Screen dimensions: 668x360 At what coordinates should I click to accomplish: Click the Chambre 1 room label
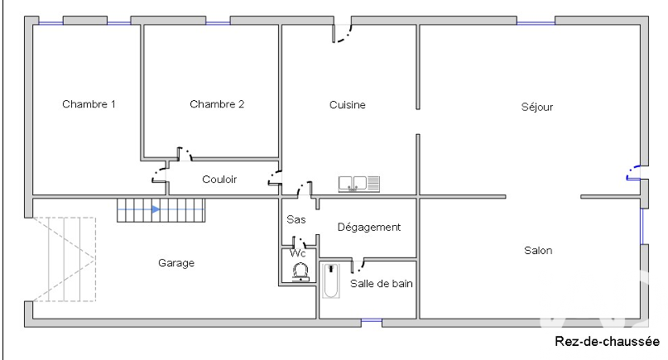[x=89, y=104]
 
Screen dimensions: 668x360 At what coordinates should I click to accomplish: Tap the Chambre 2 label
[x=217, y=104]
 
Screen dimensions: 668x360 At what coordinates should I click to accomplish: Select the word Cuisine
[x=347, y=105]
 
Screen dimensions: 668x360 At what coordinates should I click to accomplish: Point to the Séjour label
[x=536, y=107]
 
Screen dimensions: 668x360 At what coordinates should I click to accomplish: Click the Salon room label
[x=538, y=250]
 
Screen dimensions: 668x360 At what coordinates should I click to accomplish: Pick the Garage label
[x=176, y=263]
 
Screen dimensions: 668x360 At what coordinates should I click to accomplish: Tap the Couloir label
[x=219, y=180]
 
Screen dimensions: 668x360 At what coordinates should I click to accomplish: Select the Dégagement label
[x=369, y=227]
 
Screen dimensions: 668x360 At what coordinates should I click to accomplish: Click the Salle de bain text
[x=382, y=283]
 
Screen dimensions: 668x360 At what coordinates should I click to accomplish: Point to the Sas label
[x=296, y=219]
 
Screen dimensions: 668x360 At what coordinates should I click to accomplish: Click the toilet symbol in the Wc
[x=300, y=271]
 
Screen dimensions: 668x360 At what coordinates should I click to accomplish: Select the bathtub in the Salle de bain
[x=330, y=281]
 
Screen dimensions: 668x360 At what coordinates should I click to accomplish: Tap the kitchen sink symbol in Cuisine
[x=358, y=184]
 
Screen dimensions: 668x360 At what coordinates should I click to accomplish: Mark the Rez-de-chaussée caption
[x=607, y=341]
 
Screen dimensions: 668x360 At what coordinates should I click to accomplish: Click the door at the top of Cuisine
[x=342, y=33]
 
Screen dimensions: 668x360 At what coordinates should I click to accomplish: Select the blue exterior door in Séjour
[x=633, y=172]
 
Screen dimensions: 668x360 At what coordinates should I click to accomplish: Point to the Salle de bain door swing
[x=358, y=265]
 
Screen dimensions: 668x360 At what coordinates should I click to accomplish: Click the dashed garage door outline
[x=64, y=260]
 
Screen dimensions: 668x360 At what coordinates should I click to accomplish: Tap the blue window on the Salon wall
[x=642, y=226]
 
